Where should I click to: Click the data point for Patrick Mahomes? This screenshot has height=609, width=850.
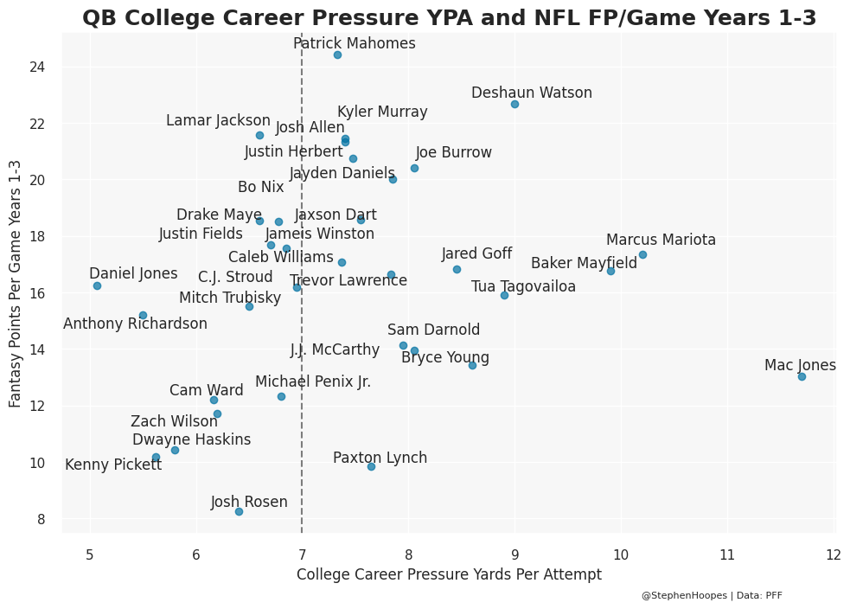click(x=337, y=55)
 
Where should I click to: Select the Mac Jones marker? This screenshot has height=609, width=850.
click(x=802, y=376)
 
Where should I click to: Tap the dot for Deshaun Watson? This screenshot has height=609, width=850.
click(x=514, y=105)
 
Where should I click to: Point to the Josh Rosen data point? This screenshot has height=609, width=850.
click(x=239, y=511)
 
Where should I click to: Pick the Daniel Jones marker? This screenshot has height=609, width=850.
click(x=97, y=285)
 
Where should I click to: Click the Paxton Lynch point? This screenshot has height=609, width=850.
click(x=371, y=466)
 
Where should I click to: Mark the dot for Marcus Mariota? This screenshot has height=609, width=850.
click(x=642, y=254)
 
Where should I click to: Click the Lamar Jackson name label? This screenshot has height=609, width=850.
click(x=218, y=121)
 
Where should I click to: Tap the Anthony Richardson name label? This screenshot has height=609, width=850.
click(x=135, y=324)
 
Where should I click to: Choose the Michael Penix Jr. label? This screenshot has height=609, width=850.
click(x=313, y=382)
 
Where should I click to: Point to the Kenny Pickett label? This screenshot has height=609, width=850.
click(x=113, y=465)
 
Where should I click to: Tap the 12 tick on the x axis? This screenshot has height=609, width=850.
click(x=833, y=555)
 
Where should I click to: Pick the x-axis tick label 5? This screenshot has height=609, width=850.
click(x=89, y=555)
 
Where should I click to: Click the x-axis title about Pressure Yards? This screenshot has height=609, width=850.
click(x=449, y=574)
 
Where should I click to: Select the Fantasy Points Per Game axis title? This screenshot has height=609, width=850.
click(x=16, y=285)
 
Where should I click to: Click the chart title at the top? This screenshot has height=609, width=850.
click(x=449, y=18)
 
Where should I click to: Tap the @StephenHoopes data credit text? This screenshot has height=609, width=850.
click(x=712, y=596)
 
